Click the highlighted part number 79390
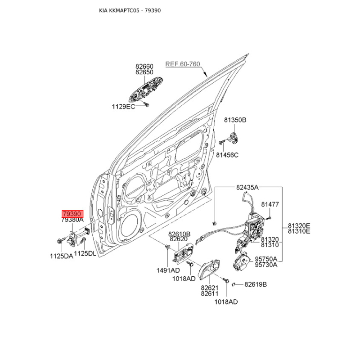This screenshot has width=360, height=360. [x=72, y=214]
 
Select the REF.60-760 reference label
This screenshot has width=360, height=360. [x=183, y=64]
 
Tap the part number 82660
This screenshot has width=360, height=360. [x=144, y=66]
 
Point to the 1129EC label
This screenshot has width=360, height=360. [x=123, y=107]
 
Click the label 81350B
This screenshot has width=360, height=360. [x=235, y=120]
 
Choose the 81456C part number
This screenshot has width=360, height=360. [x=227, y=155]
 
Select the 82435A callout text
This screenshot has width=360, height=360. [x=247, y=188]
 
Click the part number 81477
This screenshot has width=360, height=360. [x=270, y=204]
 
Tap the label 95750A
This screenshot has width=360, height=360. [x=266, y=259]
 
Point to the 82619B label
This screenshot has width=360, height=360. [x=256, y=284]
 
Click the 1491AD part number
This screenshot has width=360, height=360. [x=168, y=270]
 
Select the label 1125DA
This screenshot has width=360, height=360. [x=62, y=256]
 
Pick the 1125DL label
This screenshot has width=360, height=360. [x=85, y=253]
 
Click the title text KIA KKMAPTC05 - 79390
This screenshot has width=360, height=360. [x=130, y=10]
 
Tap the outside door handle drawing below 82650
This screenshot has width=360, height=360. [x=146, y=90]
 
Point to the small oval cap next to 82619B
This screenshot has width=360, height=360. [x=233, y=284]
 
